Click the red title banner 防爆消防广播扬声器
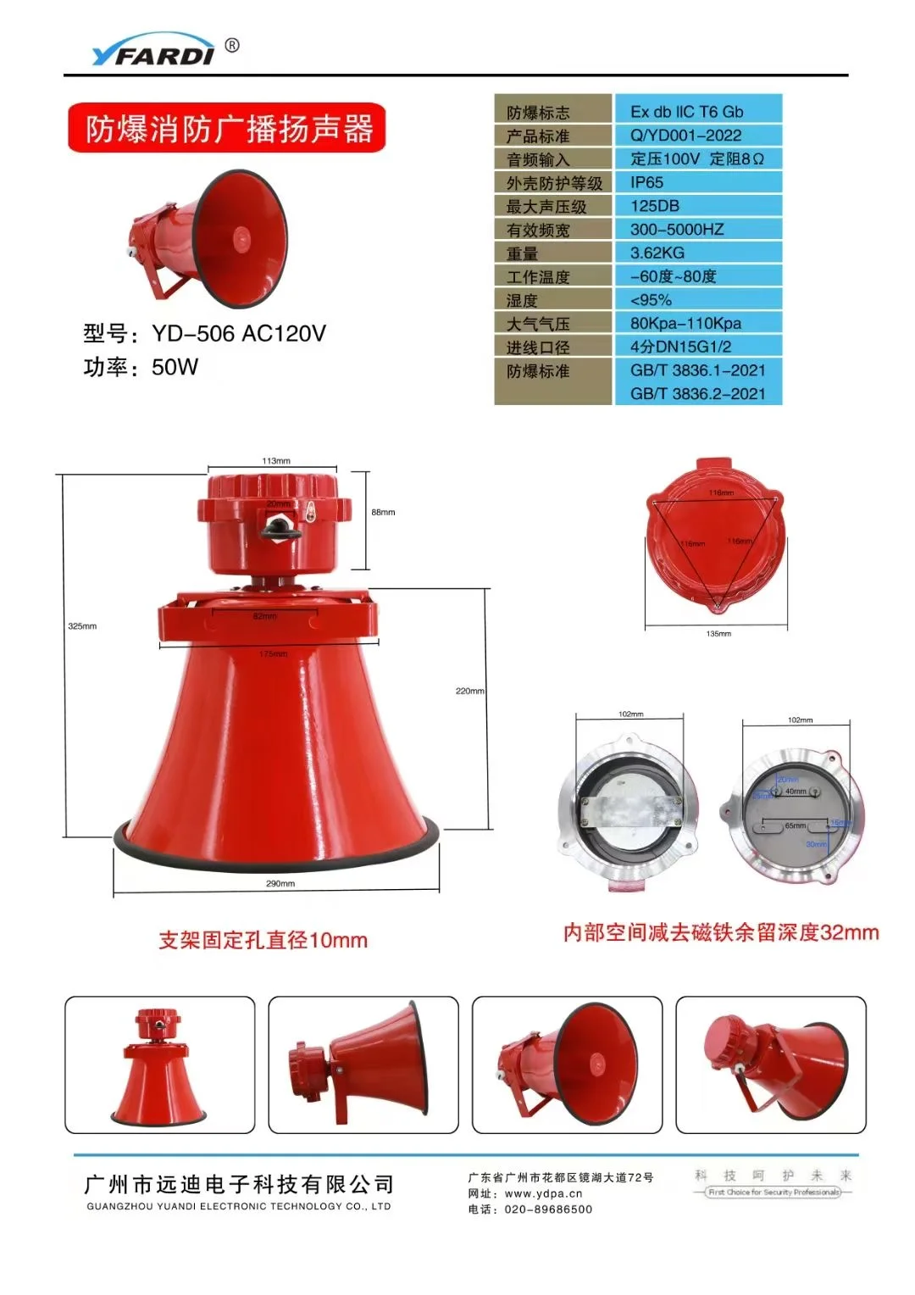click(227, 129)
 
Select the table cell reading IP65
click(647, 182)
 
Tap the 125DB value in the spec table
click(655, 206)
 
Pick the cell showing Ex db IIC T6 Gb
click(686, 112)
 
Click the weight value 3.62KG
click(657, 253)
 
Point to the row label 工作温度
click(538, 277)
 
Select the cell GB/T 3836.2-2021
click(697, 393)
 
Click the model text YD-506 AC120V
click(238, 333)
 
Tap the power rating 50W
click(175, 367)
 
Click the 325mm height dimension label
click(82, 626)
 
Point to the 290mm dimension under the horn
click(280, 883)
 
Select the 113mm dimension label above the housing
click(276, 461)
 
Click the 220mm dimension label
click(469, 691)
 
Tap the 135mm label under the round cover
click(718, 633)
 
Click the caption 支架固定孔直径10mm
click(263, 940)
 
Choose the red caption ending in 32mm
click(721, 933)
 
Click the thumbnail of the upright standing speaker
click(160, 1064)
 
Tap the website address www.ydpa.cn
click(543, 1193)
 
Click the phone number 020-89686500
click(548, 1209)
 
